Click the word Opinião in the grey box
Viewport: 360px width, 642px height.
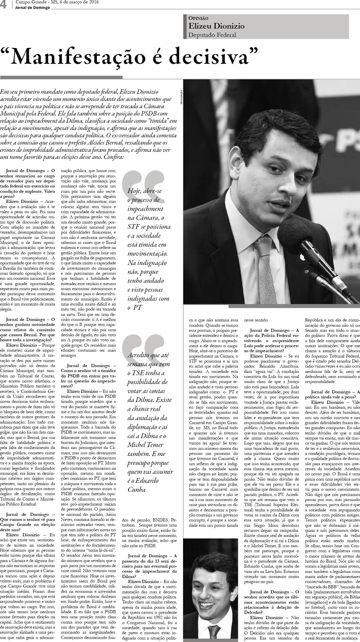pyautogui.click(x=198, y=18)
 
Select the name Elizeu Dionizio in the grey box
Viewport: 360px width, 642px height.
pyautogui.click(x=216, y=26)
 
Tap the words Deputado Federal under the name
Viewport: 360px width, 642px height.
pyautogui.click(x=212, y=35)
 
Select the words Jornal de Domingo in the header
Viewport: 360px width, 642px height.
pyautogui.click(x=33, y=8)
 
